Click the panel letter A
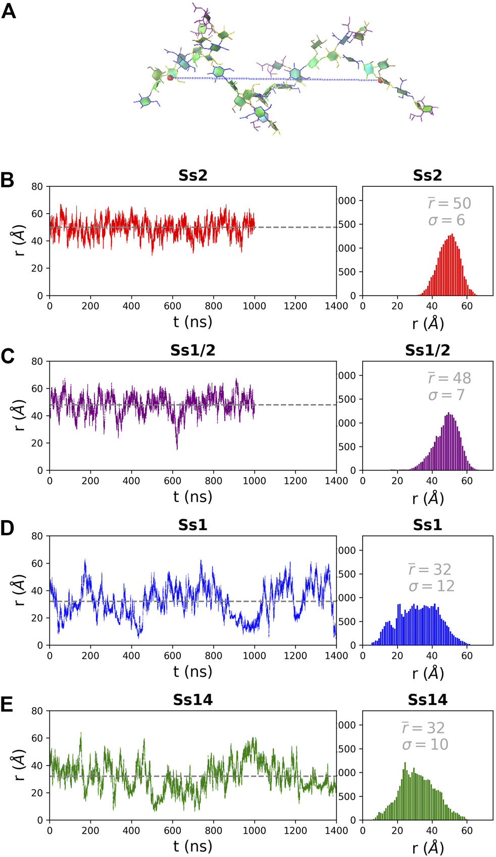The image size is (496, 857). click(x=9, y=11)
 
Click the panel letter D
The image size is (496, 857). click(x=7, y=528)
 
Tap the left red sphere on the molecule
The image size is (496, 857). click(x=170, y=78)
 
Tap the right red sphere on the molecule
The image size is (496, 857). click(x=380, y=80)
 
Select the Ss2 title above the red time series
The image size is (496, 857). click(x=192, y=175)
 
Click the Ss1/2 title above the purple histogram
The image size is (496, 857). click(x=427, y=350)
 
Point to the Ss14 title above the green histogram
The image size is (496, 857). click(x=427, y=699)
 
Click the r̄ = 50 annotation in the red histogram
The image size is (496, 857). click(x=449, y=203)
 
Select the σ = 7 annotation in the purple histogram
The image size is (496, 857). click(x=446, y=395)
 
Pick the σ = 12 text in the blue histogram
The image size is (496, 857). click(x=431, y=586)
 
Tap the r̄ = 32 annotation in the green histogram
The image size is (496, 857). click(x=423, y=728)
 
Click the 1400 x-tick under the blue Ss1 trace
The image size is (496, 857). click(x=336, y=656)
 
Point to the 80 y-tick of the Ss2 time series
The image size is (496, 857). click(x=37, y=186)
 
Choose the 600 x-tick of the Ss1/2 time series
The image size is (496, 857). click(x=172, y=481)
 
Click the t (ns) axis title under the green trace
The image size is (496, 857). click(x=192, y=846)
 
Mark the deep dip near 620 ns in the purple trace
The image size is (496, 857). click(x=177, y=447)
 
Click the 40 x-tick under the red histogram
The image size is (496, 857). click(x=432, y=306)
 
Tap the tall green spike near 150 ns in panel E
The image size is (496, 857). click(x=81, y=734)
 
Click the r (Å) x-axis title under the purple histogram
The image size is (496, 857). click(x=427, y=498)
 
